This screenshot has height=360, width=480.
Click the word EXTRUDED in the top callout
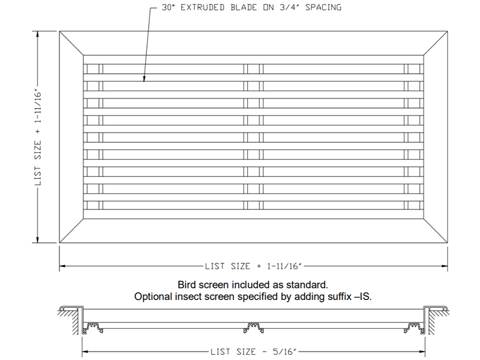click(x=202, y=7)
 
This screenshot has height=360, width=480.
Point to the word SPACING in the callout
click(x=323, y=7)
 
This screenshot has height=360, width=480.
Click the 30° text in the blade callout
click(x=168, y=7)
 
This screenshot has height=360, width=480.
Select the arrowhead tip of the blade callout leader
click(x=144, y=82)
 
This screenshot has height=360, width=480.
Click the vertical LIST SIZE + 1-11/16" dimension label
click(x=38, y=137)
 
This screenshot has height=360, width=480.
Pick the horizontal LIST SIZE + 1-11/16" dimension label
click(x=253, y=266)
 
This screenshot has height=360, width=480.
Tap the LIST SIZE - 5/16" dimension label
click(x=253, y=352)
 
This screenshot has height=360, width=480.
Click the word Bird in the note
click(x=187, y=284)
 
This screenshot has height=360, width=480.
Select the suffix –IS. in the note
click(x=363, y=296)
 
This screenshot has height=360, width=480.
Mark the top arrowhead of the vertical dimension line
click(x=38, y=32)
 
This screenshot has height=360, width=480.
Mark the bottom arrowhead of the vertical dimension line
click(x=38, y=242)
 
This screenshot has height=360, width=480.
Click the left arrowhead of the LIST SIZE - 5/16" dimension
click(x=83, y=352)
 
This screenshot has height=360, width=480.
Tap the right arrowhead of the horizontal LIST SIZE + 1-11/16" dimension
click(x=447, y=266)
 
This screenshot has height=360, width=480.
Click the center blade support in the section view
click(x=253, y=328)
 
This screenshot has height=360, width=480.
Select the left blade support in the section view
click(x=93, y=328)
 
